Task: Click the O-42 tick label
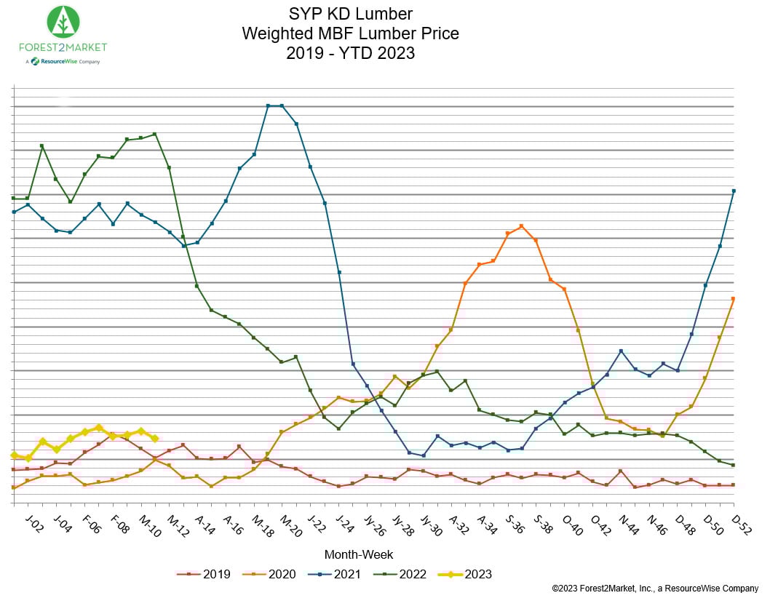tap(600, 525)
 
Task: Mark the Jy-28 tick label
tap(402, 525)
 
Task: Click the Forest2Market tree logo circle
tap(63, 22)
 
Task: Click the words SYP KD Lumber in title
tap(350, 15)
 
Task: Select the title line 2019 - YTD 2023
tap(350, 52)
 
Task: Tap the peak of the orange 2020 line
tap(522, 226)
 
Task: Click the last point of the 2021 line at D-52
tap(734, 191)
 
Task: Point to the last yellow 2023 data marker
tap(155, 439)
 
